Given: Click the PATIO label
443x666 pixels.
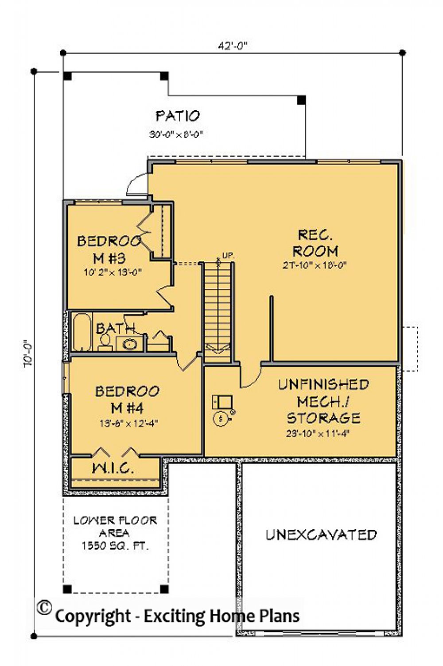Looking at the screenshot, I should pos(178,116).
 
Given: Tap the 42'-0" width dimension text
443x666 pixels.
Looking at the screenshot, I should pos(232,46).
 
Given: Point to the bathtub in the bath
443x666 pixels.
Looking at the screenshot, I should pos(82,333).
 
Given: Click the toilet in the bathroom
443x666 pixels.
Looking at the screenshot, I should pos(105,342).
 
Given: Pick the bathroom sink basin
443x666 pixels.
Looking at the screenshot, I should pos(129,344).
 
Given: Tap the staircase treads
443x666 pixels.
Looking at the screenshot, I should pos(218,305).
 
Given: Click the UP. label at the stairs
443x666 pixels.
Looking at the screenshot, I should pos(228,256).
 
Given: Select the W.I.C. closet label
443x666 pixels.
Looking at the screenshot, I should pos(113,468).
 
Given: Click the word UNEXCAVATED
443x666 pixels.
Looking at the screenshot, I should pos(321,535).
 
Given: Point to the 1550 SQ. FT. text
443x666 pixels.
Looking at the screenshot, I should pos(115,546).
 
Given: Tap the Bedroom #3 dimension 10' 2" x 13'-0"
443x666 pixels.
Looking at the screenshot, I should pos(113,272).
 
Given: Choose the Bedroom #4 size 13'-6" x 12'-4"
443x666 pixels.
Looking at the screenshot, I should pos(128,423).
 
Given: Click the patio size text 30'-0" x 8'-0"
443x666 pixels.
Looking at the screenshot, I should pos(176,134).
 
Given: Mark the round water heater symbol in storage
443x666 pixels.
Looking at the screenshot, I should pos(221,418).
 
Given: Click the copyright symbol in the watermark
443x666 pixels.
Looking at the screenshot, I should pos(43,608).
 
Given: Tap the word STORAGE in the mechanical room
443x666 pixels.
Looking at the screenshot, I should pos(323,418).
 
